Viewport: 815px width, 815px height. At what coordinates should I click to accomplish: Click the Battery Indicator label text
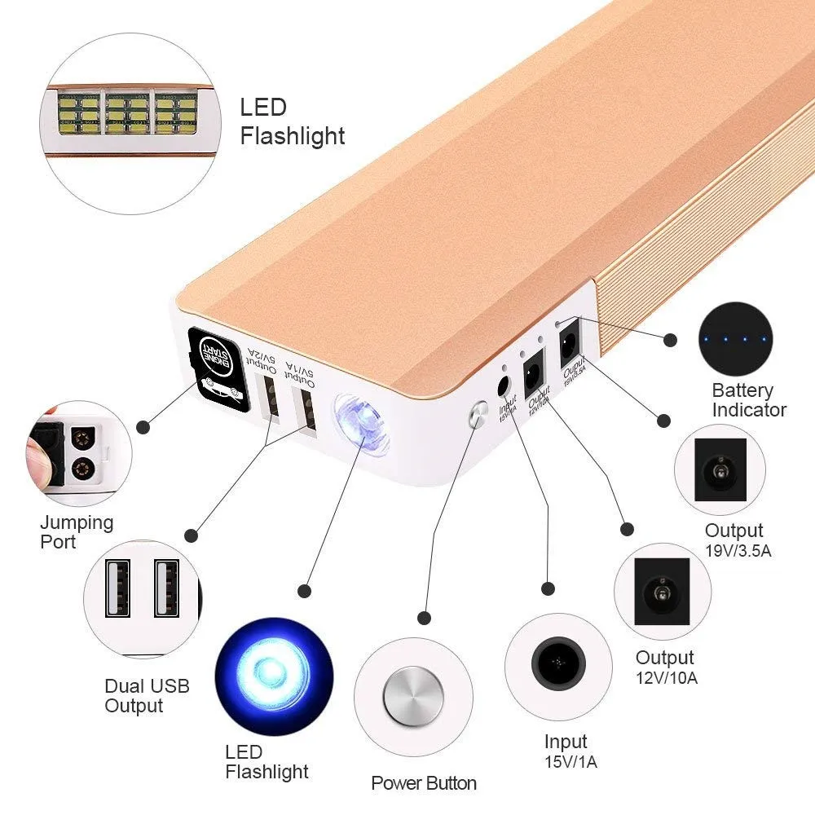(x=749, y=399)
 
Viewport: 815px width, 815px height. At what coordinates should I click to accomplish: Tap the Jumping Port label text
(x=77, y=531)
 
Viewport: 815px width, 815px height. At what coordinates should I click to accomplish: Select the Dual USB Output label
(x=147, y=695)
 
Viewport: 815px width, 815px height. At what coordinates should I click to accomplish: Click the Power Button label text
(x=424, y=783)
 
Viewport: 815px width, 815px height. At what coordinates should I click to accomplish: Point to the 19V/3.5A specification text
(x=738, y=551)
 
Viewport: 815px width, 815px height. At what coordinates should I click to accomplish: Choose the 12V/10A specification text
(x=667, y=677)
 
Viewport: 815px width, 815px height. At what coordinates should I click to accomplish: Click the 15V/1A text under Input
(x=570, y=762)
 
